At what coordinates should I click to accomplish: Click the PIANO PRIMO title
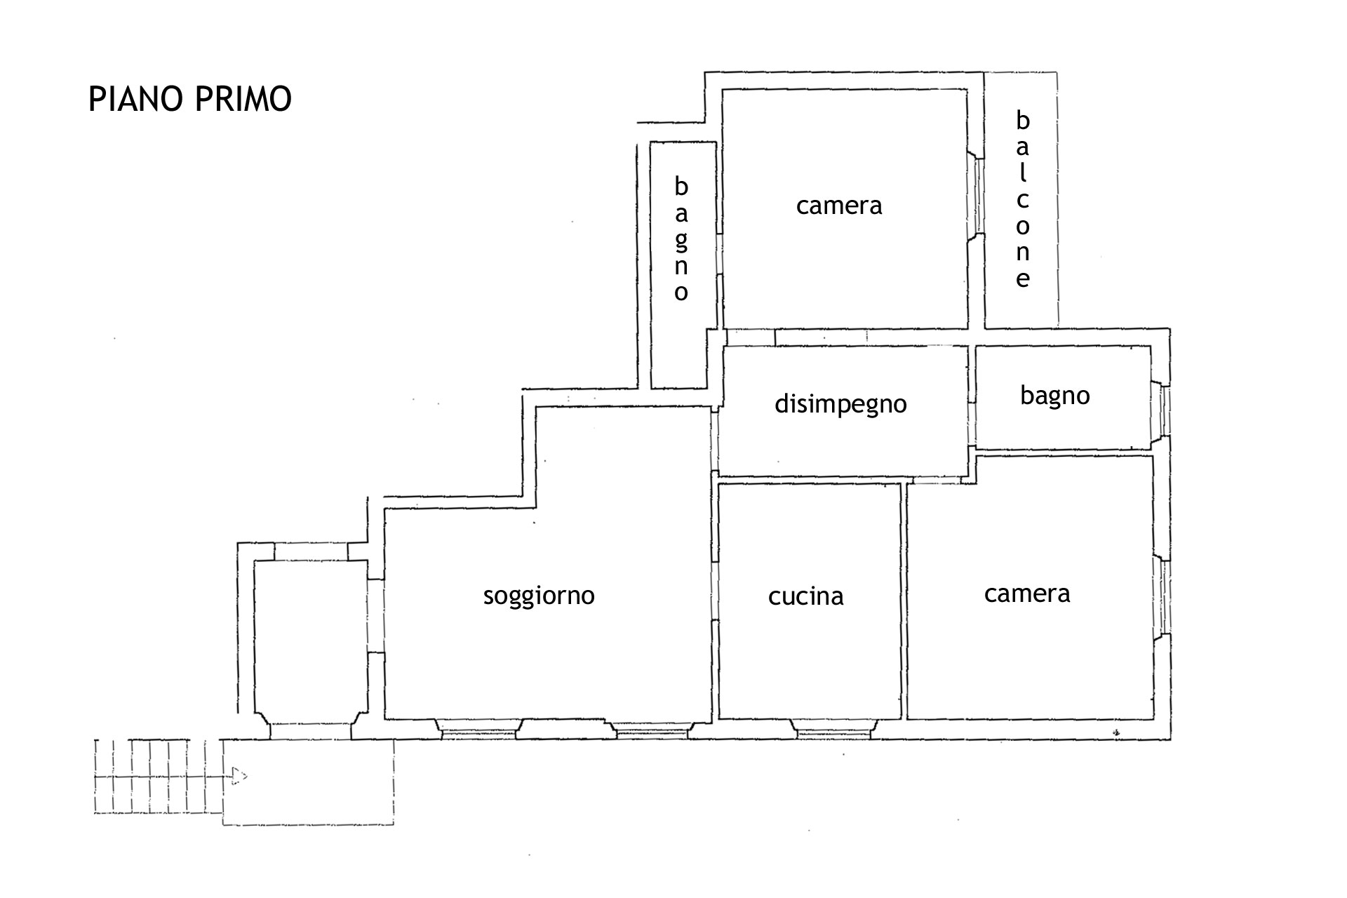[189, 99]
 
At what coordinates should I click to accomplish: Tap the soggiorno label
[539, 596]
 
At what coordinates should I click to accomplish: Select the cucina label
[805, 596]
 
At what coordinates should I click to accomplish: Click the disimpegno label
[840, 405]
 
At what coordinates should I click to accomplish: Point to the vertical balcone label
[1023, 200]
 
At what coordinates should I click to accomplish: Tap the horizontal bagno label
[1055, 396]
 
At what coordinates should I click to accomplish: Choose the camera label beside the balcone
[839, 206]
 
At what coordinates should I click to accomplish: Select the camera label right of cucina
[1027, 594]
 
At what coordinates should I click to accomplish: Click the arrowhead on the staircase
[240, 776]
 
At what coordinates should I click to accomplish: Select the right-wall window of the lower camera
[1162, 597]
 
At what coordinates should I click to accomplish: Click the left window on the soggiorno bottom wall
[478, 730]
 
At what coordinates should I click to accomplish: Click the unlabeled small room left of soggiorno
[311, 642]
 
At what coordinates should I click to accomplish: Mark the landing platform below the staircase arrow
[309, 782]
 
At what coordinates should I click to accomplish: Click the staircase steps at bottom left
[158, 776]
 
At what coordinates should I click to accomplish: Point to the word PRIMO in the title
[242, 99]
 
